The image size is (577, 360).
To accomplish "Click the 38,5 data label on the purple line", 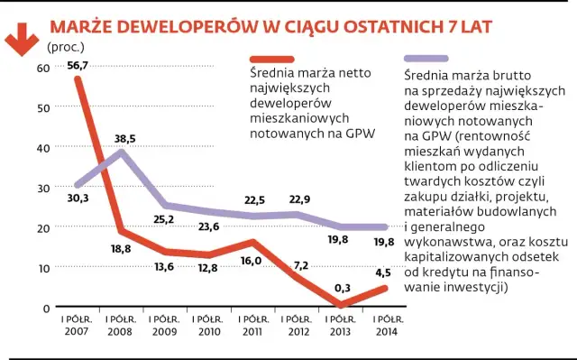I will [125, 138].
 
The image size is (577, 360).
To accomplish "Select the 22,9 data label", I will [298, 199].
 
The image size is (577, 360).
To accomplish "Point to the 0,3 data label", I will [341, 288].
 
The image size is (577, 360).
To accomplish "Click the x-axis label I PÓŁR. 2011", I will [254, 325].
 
